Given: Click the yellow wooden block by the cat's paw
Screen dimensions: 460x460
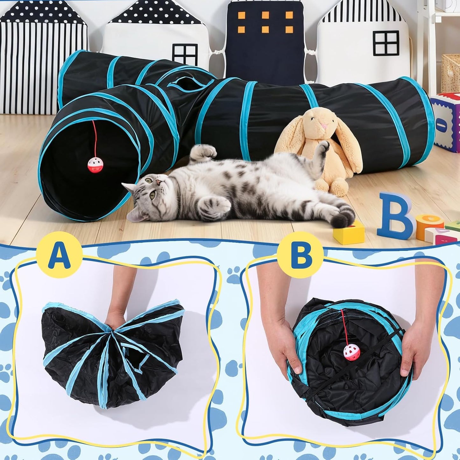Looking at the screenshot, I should click(349, 231).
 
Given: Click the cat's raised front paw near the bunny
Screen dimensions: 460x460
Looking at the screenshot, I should click(324, 146).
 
